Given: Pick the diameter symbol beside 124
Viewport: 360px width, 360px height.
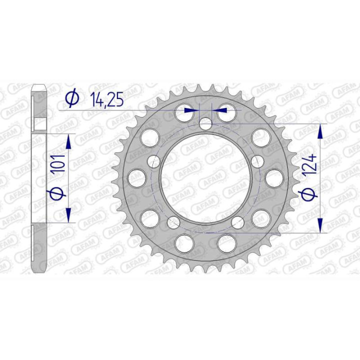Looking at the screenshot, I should (309, 193).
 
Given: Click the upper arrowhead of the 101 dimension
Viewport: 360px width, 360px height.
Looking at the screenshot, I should (68, 141).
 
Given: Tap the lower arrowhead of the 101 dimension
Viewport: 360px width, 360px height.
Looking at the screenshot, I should (68, 215).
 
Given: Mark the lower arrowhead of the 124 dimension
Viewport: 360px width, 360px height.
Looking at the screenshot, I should (321, 225).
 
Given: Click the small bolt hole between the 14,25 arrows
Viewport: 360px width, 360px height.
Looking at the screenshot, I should (205, 123).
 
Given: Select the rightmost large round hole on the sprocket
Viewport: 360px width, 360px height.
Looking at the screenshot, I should (274, 177).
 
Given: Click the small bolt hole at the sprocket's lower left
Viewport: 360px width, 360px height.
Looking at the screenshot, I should (175, 221).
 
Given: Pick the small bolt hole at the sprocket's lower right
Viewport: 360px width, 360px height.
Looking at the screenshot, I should (236, 221).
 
